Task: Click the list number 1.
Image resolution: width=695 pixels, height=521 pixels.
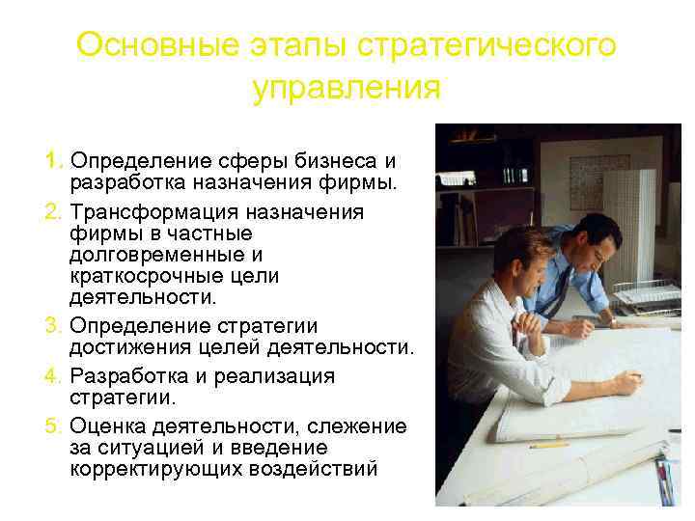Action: click(x=53, y=159)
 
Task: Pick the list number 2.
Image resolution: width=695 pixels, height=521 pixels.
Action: click(x=53, y=212)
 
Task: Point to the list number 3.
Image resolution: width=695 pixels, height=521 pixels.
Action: click(x=53, y=326)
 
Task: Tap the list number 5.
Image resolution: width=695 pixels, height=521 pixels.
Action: click(x=53, y=426)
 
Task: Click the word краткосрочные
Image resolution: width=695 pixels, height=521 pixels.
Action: click(x=145, y=276)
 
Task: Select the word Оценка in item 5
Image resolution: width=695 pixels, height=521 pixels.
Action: click(x=108, y=426)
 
